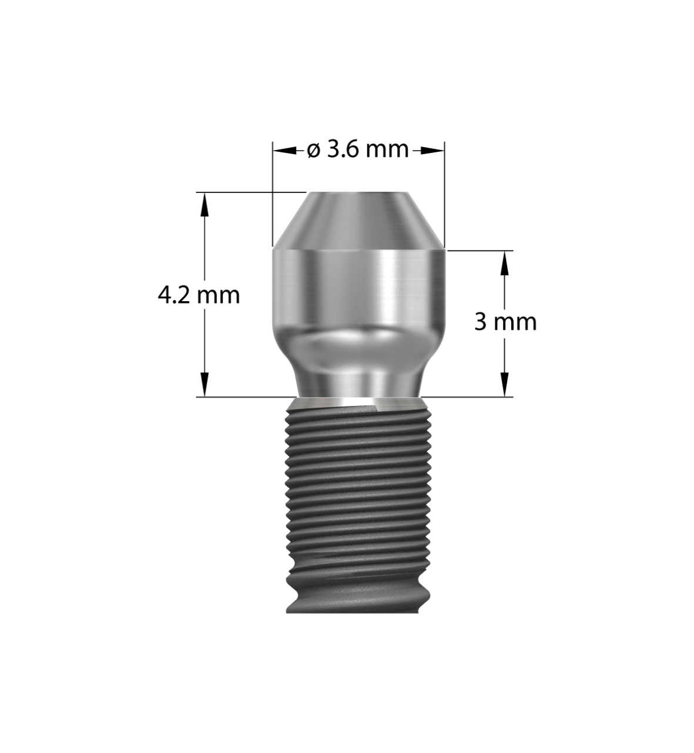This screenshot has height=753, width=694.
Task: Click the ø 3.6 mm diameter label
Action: [x=358, y=150]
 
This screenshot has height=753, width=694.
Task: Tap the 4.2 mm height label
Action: [x=199, y=294]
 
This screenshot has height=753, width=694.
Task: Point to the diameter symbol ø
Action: [x=314, y=151]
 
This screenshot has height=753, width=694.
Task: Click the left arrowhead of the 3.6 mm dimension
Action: [x=280, y=151]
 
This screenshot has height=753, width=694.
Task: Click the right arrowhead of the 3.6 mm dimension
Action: [x=437, y=151]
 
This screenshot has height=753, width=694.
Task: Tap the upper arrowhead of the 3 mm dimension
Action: [x=504, y=262]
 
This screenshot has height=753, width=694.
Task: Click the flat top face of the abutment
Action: [x=358, y=192]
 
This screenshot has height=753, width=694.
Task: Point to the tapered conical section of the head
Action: [x=358, y=221]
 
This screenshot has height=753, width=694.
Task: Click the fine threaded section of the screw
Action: [x=358, y=471]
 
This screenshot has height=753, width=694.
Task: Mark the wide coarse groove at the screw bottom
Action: [x=358, y=594]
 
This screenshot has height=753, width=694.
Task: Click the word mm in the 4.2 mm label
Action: [x=218, y=295]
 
